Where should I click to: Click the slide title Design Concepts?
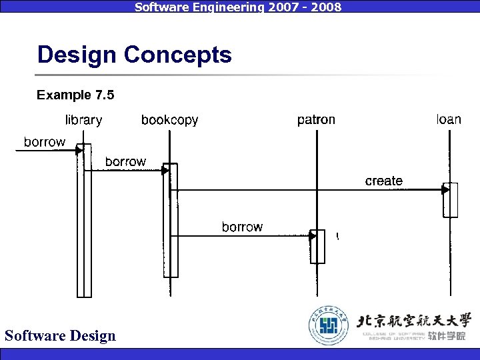[x=134, y=54]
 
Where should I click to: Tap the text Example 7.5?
[x=75, y=95]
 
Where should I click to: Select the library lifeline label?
[x=83, y=120]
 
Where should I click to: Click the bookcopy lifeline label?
[x=169, y=120]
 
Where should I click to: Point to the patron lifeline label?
[x=316, y=120]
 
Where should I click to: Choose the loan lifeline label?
[x=449, y=119]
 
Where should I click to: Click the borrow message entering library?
[x=45, y=141]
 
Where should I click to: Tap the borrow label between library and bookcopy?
[x=125, y=161]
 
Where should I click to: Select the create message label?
[x=384, y=181]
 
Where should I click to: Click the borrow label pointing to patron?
[x=242, y=227]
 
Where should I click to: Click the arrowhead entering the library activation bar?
[x=79, y=151]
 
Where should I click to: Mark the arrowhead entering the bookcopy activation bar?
[x=165, y=171]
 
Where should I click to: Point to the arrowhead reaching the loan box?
[x=445, y=190]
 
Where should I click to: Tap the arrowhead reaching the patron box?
[x=313, y=236]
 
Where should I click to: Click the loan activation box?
[x=451, y=200]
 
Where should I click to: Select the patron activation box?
[x=318, y=247]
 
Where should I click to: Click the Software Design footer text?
[x=60, y=335]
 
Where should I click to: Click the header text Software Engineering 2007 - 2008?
[x=238, y=7]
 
